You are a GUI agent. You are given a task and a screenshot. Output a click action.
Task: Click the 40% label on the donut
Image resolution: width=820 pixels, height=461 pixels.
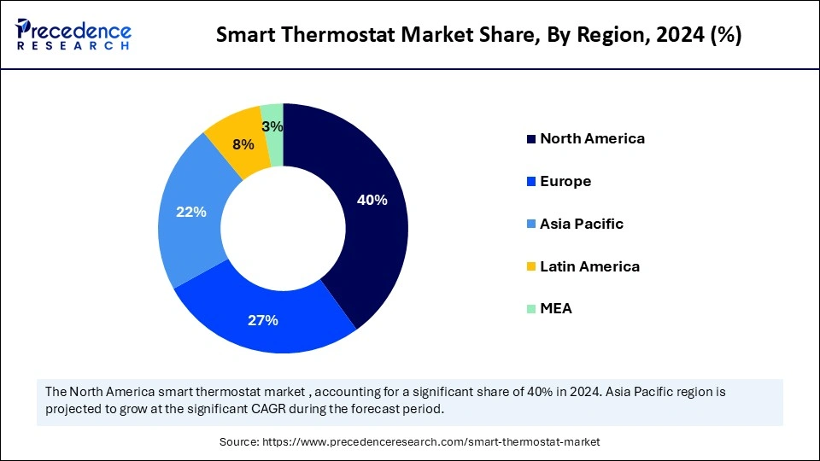coord(372,200)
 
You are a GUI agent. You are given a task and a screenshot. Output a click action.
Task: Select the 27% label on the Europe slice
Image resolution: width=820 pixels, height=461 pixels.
coord(263,320)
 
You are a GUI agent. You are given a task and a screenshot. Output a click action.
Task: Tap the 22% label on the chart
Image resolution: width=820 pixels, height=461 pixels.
coord(190,212)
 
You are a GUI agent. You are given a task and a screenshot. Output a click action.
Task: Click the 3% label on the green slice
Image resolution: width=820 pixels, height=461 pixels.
coord(272,126)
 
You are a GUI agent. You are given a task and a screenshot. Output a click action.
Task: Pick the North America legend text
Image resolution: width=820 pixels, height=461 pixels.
coord(592,138)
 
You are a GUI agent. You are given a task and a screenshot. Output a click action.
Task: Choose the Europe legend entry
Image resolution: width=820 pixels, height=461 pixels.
coord(565,181)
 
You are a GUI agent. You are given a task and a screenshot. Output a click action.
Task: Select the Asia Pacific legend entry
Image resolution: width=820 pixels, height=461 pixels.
coord(582,224)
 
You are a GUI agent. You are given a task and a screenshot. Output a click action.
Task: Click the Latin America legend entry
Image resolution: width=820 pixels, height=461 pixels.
coord(589,266)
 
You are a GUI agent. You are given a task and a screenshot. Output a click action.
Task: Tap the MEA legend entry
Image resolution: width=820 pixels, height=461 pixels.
coord(556,308)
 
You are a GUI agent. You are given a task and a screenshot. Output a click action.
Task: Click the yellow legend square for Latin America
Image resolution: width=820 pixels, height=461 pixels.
coord(531,267)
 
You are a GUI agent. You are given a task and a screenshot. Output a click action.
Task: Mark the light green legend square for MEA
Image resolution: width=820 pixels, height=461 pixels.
coord(531,309)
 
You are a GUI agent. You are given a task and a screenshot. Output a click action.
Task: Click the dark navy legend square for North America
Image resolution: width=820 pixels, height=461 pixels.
coord(531,139)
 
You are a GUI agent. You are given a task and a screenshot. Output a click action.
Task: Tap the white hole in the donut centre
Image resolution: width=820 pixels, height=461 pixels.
coord(283,229)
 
